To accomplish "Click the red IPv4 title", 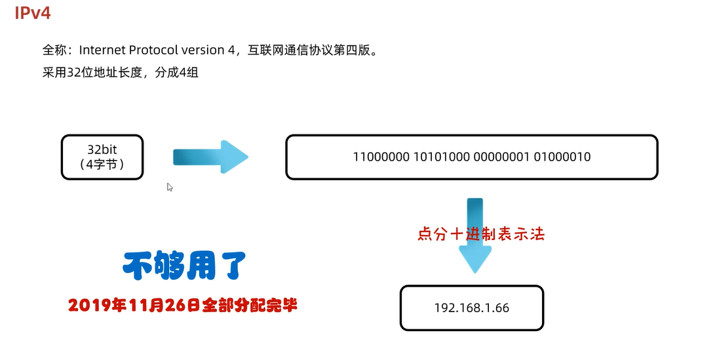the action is click(x=33, y=12).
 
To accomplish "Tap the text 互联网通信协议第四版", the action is click(x=312, y=50).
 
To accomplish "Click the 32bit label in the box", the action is click(x=102, y=149).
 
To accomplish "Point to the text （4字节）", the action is click(x=102, y=165).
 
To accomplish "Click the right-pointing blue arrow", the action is click(x=210, y=157).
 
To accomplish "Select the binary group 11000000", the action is click(x=381, y=157).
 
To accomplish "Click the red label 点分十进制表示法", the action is click(x=481, y=234).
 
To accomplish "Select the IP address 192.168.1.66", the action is click(x=471, y=308).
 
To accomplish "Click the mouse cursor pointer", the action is click(x=170, y=187).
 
